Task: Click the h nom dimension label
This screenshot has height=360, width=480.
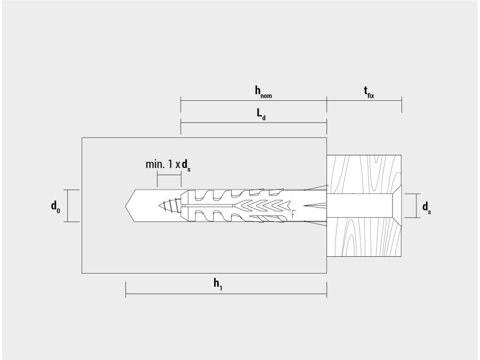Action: [x=263, y=92]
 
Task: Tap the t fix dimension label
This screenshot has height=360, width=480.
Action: [x=369, y=92]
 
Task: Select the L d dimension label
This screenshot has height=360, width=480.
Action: [x=261, y=114]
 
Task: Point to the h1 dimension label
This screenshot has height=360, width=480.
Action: [x=218, y=284]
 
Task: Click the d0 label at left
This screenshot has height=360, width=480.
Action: [x=55, y=206]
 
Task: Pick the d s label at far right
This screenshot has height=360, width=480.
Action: [x=427, y=208]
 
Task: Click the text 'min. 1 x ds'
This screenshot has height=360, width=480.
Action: [x=168, y=166]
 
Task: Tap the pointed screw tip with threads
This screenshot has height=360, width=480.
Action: [x=170, y=205]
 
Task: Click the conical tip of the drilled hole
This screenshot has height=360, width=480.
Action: [x=130, y=206]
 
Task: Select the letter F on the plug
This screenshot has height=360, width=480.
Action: [x=293, y=214]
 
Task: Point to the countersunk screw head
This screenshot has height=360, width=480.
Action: [x=397, y=206]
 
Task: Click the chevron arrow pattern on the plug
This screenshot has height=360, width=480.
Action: [x=264, y=205]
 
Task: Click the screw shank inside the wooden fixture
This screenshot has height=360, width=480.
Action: [x=359, y=206]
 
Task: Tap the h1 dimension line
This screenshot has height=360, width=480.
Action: [x=226, y=294]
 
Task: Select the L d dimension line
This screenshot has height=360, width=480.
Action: [x=254, y=123]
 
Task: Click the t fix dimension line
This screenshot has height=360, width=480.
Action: [x=364, y=100]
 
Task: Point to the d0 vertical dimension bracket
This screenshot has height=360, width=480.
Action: [x=68, y=206]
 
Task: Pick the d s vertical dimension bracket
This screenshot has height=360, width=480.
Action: [x=416, y=206]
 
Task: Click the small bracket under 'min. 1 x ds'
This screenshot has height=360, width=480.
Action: [x=169, y=175]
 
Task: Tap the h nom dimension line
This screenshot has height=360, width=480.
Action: [x=254, y=100]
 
